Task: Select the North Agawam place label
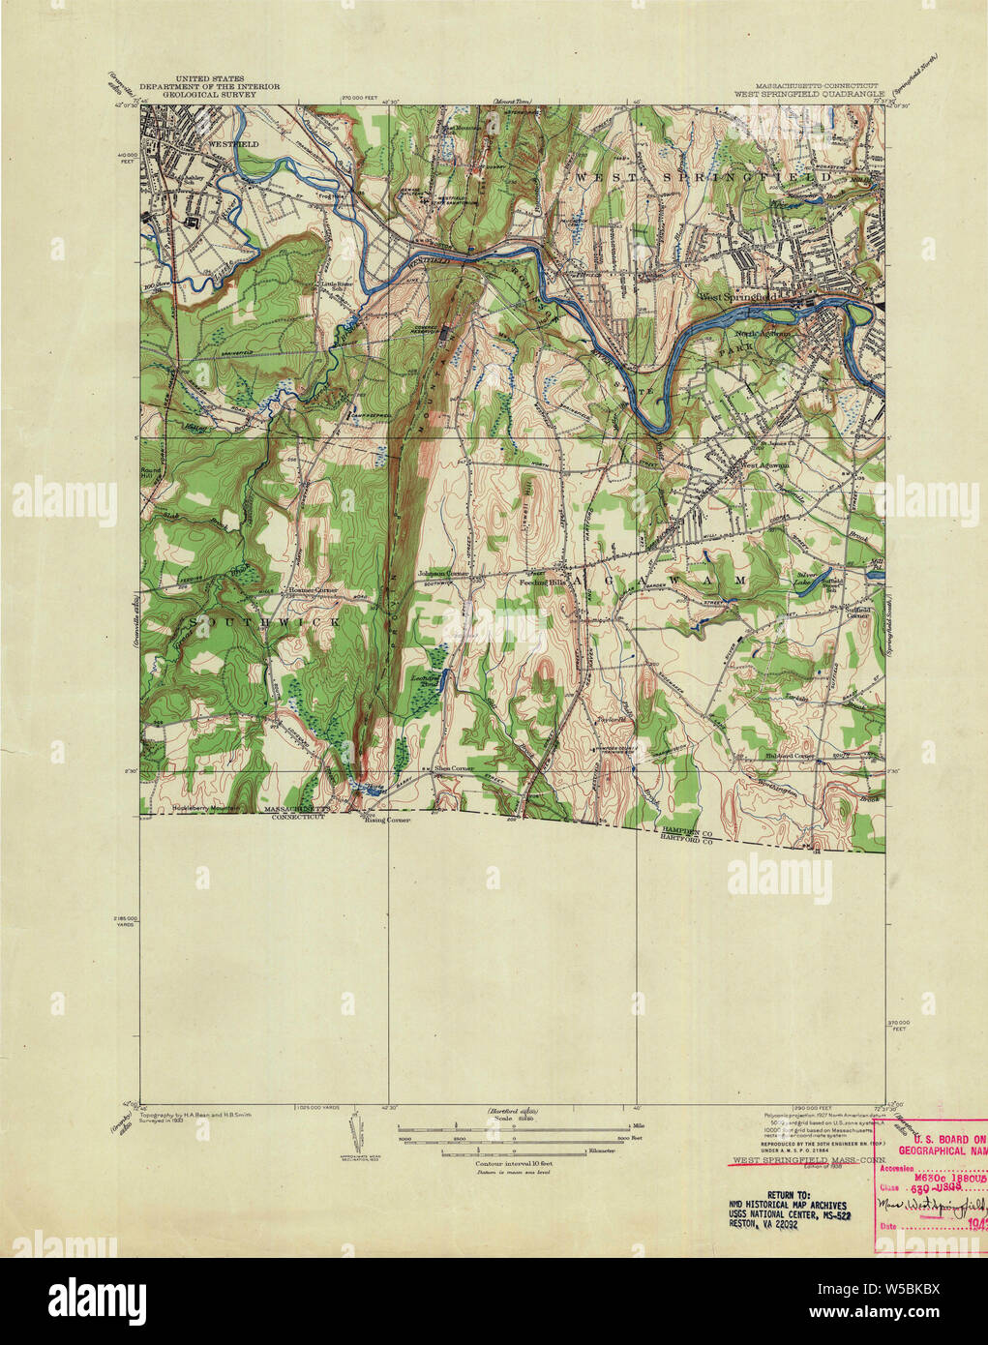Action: pos(767,334)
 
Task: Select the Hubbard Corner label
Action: pos(791,756)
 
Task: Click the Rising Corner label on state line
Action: pos(386,820)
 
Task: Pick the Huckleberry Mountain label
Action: pos(204,809)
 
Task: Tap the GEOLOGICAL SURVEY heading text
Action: pos(210,96)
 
